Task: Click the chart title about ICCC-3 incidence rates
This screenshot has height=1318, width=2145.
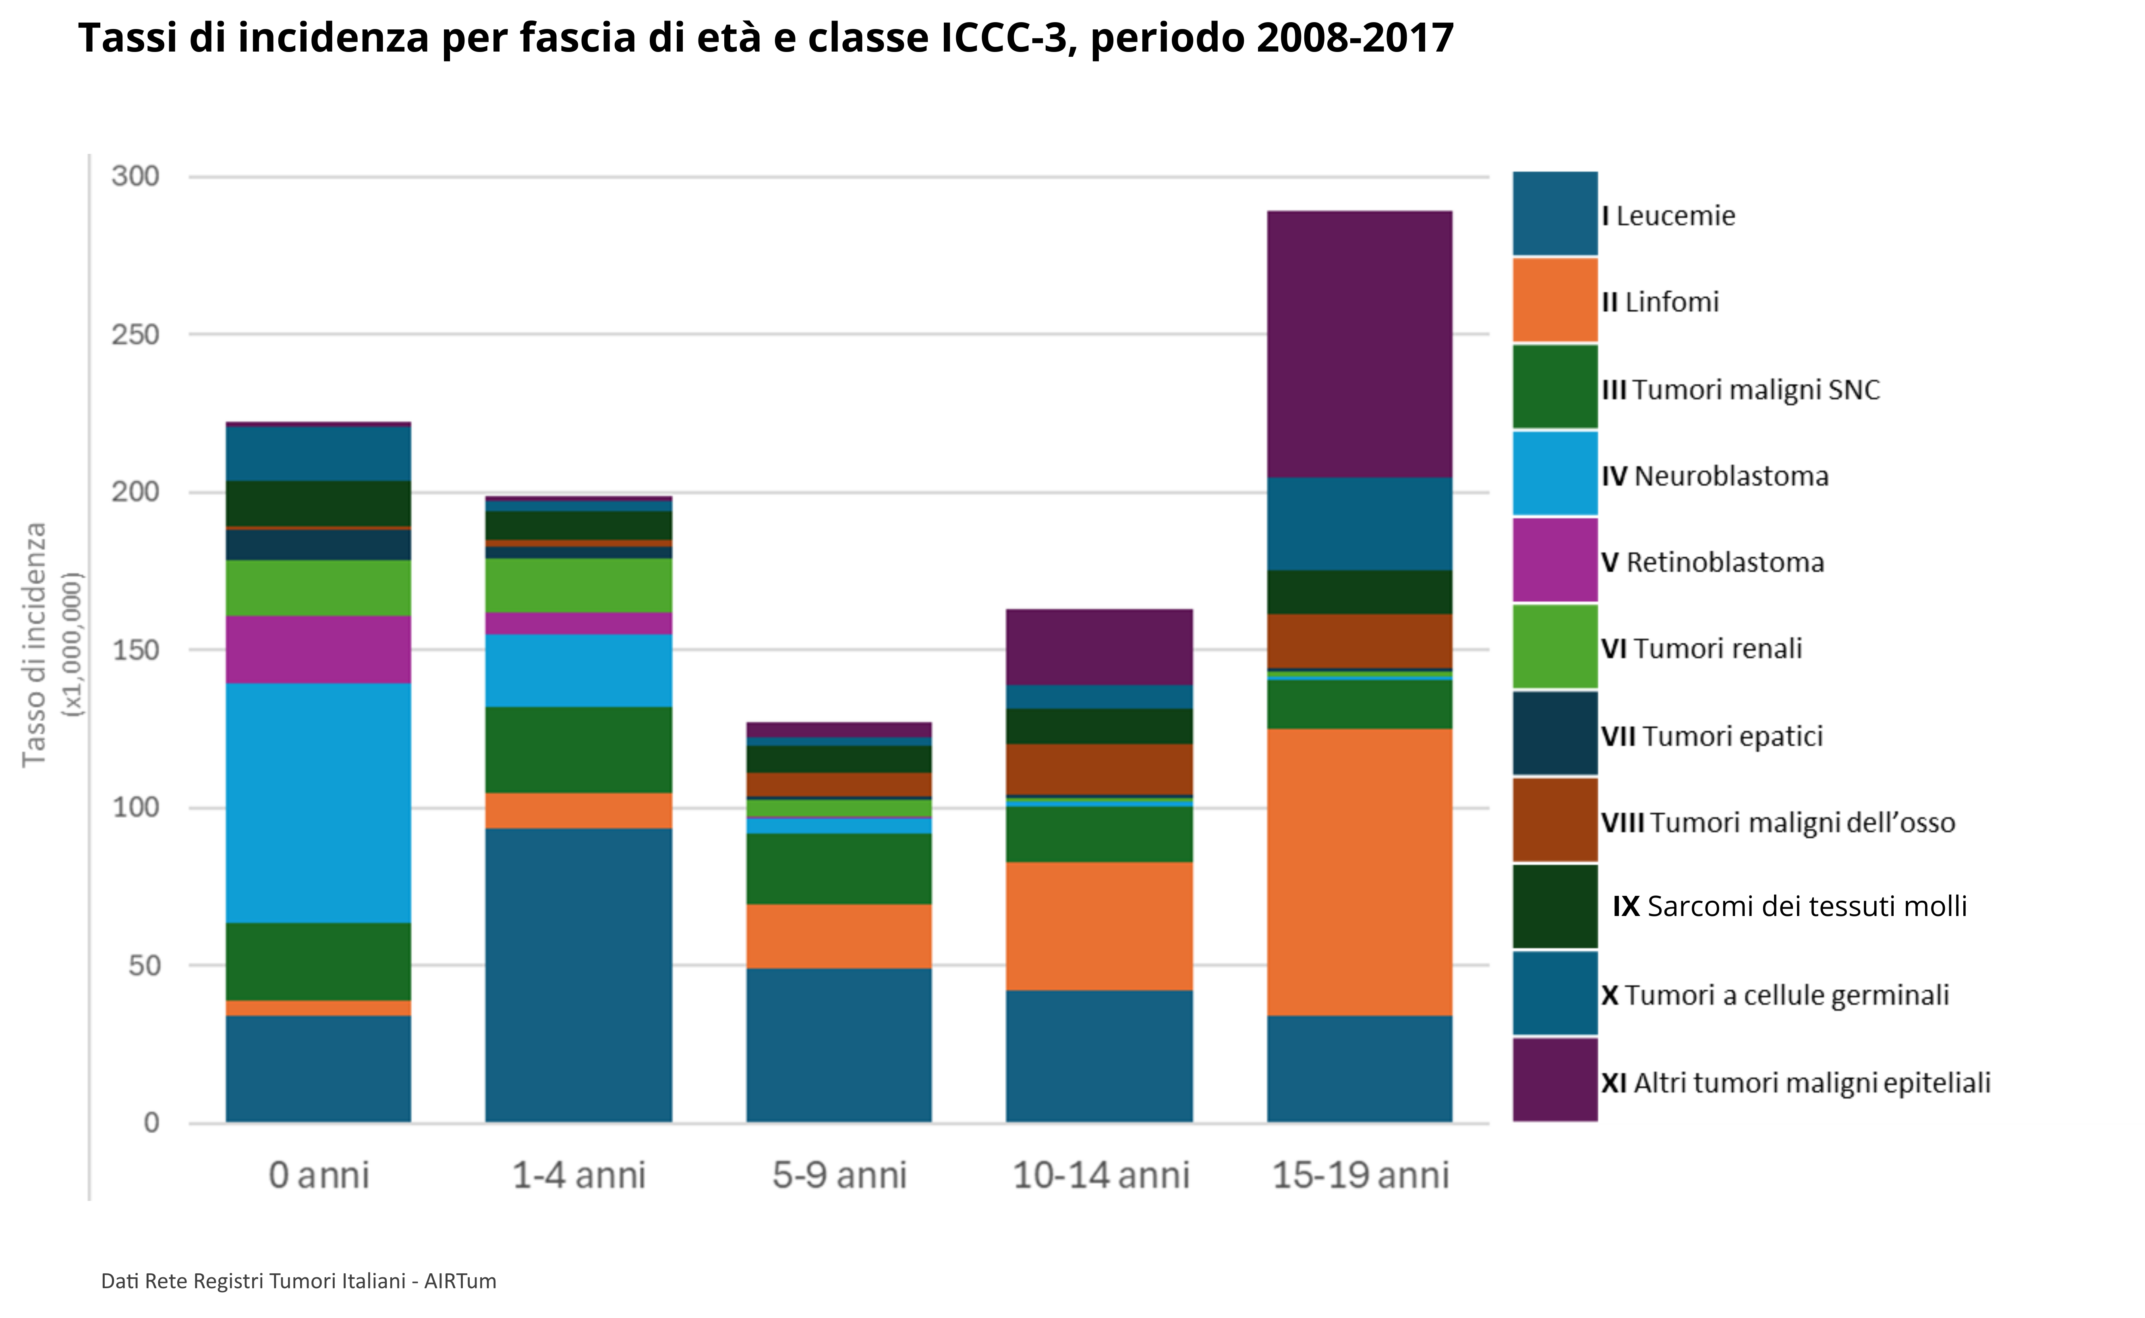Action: click(x=765, y=38)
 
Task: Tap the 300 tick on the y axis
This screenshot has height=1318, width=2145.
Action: click(x=135, y=176)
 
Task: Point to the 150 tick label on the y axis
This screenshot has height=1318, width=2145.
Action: click(x=135, y=650)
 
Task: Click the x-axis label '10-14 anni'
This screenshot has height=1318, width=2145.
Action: click(x=1100, y=1175)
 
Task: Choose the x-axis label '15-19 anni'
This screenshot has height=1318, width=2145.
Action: click(x=1360, y=1175)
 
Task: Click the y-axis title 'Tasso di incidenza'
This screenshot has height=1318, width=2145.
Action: click(x=35, y=645)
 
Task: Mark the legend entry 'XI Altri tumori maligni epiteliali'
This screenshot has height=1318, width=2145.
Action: click(x=1795, y=1083)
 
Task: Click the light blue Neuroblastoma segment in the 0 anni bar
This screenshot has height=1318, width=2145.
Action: click(x=318, y=802)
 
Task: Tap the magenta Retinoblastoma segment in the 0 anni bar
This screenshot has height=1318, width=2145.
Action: click(x=318, y=649)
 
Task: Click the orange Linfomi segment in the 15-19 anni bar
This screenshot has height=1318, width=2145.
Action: click(x=1360, y=872)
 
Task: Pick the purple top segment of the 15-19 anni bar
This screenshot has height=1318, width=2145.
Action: click(x=1360, y=344)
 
